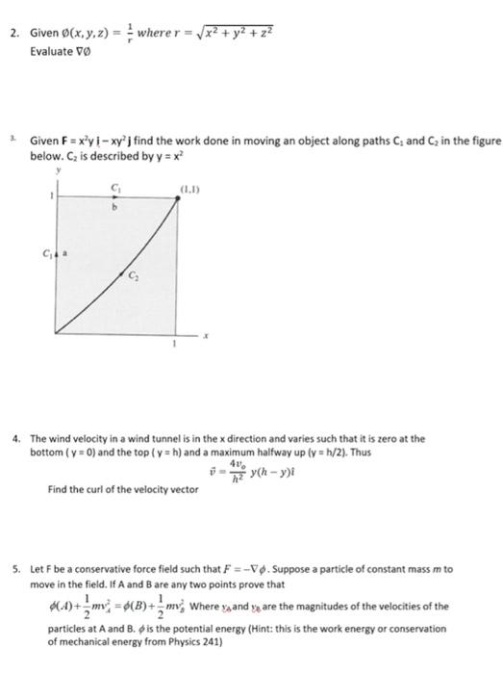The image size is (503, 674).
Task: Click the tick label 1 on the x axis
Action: point(175,344)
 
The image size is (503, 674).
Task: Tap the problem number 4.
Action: point(15,437)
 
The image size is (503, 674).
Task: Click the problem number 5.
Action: point(15,570)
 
